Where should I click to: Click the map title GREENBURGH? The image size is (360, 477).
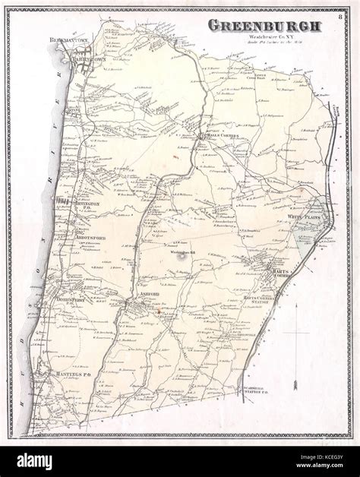click(x=264, y=26)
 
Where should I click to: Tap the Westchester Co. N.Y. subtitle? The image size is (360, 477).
click(x=262, y=36)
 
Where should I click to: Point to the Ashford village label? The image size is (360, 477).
click(x=148, y=297)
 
